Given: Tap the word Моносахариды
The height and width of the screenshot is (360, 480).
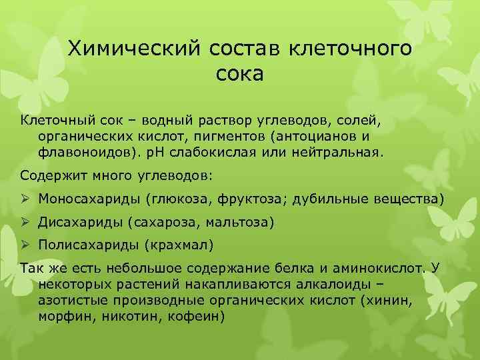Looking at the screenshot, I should pyautogui.click(x=83, y=199).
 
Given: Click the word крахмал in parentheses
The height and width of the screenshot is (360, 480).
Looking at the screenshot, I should pyautogui.click(x=178, y=245).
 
